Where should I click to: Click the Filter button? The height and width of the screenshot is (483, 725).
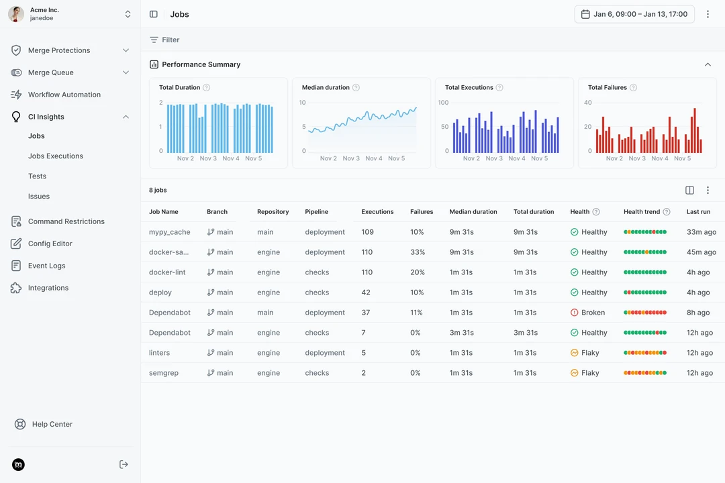coord(164,40)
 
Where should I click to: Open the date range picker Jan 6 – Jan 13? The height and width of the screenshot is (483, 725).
coord(634,14)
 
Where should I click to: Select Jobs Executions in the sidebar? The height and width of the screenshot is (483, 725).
coord(56,156)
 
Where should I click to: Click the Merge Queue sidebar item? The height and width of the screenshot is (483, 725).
coord(51,72)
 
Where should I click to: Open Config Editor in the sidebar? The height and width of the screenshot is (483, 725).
coord(50,244)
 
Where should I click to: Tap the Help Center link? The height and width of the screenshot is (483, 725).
coord(52,424)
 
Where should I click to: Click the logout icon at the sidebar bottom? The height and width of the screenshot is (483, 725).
coord(124,464)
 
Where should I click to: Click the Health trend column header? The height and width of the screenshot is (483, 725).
coord(642,211)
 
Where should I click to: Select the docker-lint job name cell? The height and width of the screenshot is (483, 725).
coord(167,272)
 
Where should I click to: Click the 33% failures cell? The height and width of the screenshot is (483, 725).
coord(418,252)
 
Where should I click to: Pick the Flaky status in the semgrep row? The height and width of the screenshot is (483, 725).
coord(590,373)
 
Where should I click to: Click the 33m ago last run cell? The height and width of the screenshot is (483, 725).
coord(701,232)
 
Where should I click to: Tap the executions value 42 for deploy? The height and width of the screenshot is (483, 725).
coord(366,292)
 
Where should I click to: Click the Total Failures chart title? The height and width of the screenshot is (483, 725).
coord(607,87)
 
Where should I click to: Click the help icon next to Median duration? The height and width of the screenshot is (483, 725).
coord(356,87)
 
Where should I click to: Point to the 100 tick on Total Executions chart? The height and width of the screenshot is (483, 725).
coord(443,103)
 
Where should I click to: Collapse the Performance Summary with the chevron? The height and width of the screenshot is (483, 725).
coord(708,64)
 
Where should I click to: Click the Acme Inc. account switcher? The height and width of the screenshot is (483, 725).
coord(70,14)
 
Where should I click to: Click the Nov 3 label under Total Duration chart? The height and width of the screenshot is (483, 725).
coord(208,158)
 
